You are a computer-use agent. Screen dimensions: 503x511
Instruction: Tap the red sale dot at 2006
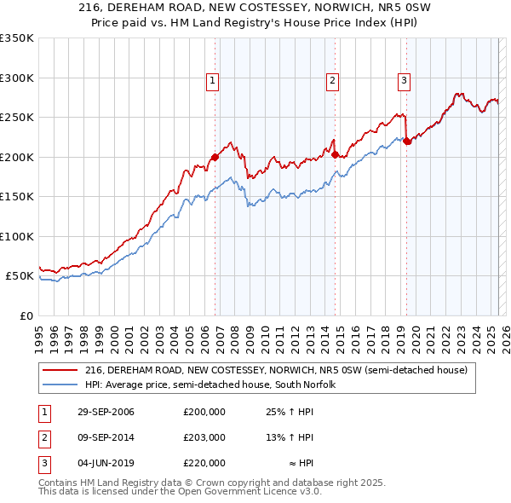click(215, 157)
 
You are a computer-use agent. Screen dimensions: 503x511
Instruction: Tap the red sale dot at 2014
click(336, 154)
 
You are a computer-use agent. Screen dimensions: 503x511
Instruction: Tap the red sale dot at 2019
click(407, 142)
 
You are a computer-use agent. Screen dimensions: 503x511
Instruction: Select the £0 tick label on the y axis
click(26, 315)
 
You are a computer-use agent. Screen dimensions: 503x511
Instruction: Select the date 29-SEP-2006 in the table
click(106, 412)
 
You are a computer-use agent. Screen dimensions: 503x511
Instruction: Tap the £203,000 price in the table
click(204, 437)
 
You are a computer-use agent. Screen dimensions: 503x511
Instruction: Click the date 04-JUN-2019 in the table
click(106, 463)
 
